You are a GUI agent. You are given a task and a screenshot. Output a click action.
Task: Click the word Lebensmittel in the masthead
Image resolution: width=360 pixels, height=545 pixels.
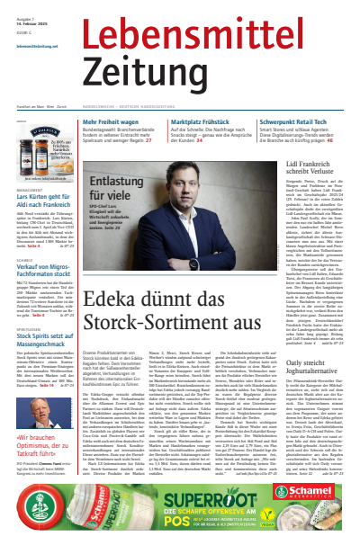tap(211, 30)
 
